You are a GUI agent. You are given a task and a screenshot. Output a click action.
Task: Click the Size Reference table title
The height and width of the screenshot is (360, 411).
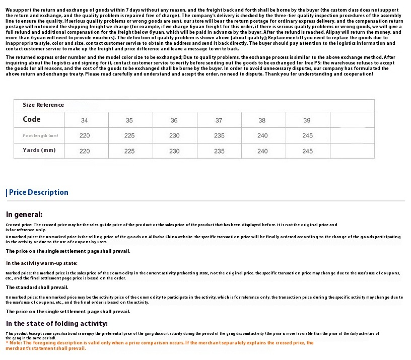coord(43,105)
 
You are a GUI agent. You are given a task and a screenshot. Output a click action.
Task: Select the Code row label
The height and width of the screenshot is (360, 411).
coord(31,119)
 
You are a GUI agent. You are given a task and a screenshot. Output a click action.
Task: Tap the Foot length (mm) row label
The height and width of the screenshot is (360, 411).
coord(40,135)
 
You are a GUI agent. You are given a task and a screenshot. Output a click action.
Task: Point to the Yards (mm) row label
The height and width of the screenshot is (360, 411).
coord(39,150)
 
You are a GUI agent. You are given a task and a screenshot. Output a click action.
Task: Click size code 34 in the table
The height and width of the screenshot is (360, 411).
coord(84,120)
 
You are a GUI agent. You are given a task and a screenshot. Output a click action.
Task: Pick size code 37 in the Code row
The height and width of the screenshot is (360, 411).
coord(219,120)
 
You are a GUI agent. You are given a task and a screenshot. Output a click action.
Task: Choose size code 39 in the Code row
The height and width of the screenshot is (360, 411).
coord(307,120)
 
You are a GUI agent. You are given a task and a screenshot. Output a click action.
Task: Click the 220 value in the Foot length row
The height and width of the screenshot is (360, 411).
coord(84,135)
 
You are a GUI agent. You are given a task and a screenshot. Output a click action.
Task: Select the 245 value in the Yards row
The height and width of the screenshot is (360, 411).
coord(307,151)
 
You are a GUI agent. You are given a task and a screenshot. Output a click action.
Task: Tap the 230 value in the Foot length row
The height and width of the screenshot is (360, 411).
coord(174,135)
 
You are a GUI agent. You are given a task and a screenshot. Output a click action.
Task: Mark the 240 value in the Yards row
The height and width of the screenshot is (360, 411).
coord(262,151)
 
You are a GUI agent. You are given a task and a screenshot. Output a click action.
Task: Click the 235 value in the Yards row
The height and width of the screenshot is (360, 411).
coord(219,151)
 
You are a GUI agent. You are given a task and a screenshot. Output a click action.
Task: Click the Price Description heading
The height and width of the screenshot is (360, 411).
coord(38,192)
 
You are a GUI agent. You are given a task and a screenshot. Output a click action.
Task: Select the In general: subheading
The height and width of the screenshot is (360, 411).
coord(24,214)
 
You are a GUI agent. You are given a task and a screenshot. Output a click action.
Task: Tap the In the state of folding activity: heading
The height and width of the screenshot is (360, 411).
coord(57,323)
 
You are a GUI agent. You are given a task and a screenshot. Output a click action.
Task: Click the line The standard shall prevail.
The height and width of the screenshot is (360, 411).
coord(37,287)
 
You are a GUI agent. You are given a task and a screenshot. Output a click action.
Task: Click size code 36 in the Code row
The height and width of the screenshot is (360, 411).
coord(174,120)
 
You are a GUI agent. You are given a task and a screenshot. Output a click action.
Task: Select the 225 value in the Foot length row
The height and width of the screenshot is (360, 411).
coord(129,135)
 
